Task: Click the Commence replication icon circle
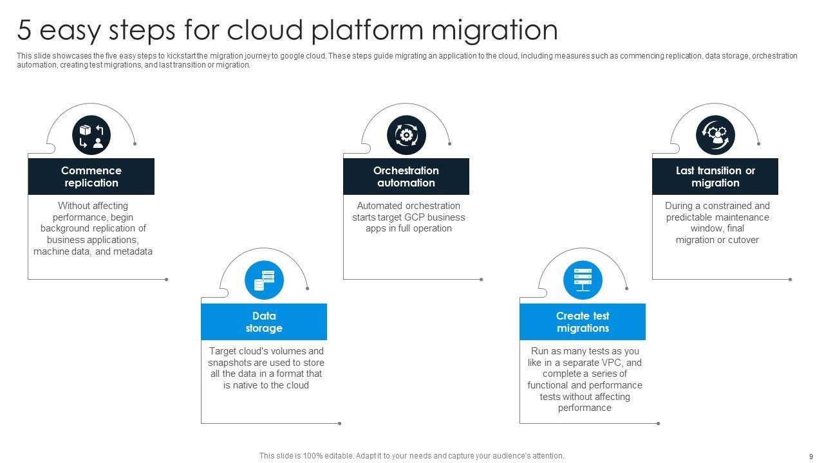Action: point(91,135)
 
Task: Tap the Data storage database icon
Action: point(264,280)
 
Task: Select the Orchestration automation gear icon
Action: point(406,135)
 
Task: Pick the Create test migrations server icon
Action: point(583,280)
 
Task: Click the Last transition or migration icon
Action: point(715,135)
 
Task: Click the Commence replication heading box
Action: point(91,176)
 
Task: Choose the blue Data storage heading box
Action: point(264,322)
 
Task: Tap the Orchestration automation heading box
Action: point(406,176)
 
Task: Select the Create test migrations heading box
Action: point(583,322)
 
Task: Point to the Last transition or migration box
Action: point(715,176)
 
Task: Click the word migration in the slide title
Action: point(494,30)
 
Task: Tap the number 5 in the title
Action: point(24,30)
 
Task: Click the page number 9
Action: point(810,456)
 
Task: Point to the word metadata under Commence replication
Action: point(133,251)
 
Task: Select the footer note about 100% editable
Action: point(411,456)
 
